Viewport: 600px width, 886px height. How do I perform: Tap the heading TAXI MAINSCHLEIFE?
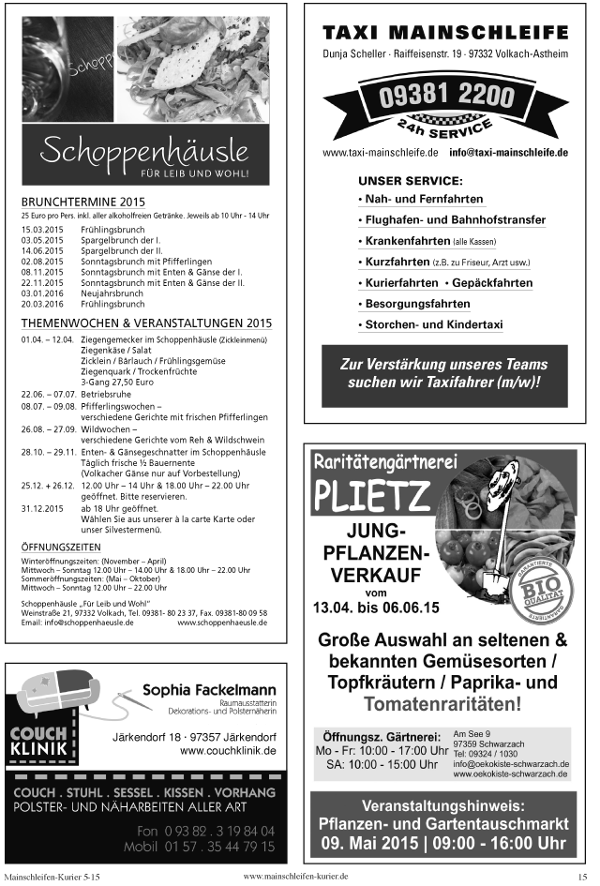(x=445, y=32)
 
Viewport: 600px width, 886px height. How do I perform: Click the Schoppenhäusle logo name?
(x=145, y=150)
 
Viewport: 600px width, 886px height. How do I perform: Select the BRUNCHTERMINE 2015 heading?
(x=83, y=202)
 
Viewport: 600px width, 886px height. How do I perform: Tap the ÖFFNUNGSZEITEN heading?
(x=62, y=546)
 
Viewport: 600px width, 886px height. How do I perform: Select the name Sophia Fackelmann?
(x=208, y=691)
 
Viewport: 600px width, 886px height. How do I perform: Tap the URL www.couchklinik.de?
(x=228, y=751)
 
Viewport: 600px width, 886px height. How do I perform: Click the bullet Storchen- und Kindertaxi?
(x=432, y=325)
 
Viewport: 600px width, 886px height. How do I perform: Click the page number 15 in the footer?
(x=582, y=876)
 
